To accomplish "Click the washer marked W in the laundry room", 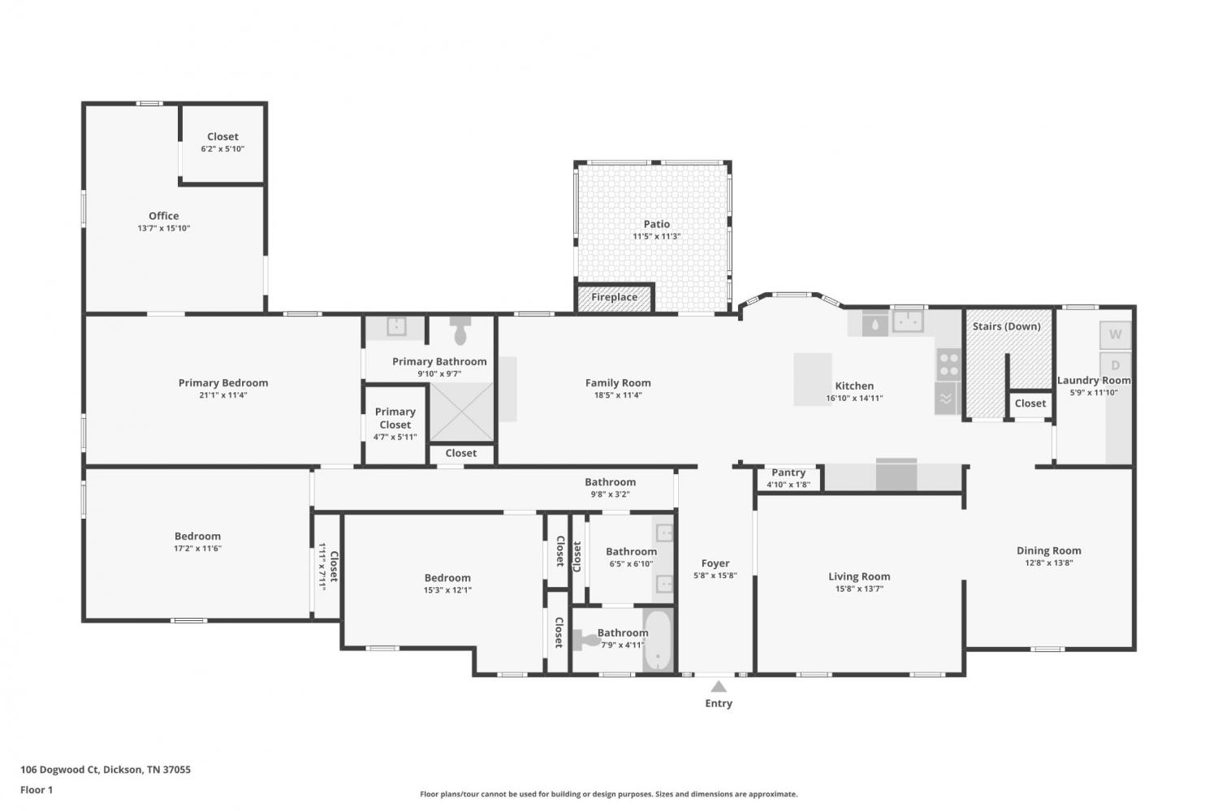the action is coord(1115,334).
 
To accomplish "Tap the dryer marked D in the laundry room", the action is coord(1115,365).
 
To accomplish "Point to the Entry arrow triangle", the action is coord(719,687).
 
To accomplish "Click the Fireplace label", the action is coord(614,297).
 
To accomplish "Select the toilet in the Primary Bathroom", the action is coord(460,330).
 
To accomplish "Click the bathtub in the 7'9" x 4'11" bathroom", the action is coord(658,641).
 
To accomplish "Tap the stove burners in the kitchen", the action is coord(949,365).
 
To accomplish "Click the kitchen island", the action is coord(812,379).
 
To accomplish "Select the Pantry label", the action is coord(788,473).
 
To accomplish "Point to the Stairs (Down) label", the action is coord(1007,326).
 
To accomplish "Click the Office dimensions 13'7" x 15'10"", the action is coord(164,228).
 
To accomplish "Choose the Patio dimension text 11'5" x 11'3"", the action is coord(656,236).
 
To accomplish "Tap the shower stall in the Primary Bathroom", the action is coord(462,412).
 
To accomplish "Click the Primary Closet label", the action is coord(395,418).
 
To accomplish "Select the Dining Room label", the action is coord(1049,550).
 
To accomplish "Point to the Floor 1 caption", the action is coord(37,790).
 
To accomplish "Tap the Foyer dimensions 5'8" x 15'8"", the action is coord(715,576).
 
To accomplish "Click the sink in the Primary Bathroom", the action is coord(396,326).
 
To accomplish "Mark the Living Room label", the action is coord(859,576).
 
